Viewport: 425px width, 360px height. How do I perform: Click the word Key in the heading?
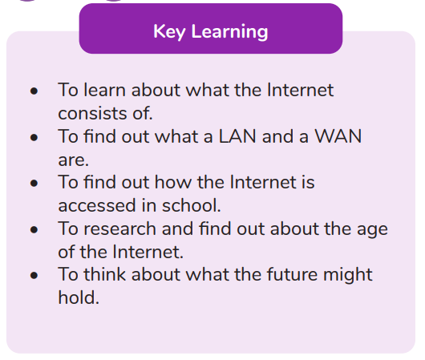169,32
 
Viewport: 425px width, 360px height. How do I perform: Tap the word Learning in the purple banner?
229,32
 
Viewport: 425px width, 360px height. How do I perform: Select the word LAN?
237,136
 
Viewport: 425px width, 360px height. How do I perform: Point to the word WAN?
338,136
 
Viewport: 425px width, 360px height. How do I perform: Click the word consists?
92,113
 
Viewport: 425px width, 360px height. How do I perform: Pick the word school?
192,205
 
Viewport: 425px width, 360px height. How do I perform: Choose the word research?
119,229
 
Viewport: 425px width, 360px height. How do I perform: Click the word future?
292,274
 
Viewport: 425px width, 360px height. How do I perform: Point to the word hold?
79,297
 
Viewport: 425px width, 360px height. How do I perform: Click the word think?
104,274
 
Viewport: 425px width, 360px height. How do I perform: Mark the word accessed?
97,205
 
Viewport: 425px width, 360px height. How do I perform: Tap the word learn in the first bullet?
104,90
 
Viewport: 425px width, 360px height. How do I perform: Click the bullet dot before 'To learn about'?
34,91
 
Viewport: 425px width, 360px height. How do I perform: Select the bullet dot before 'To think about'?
34,276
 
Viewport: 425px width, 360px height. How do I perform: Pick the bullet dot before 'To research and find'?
34,229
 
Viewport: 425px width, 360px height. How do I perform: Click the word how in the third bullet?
173,182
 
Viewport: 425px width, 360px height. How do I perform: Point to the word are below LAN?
74,160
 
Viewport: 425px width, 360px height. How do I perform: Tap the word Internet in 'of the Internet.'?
148,252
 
